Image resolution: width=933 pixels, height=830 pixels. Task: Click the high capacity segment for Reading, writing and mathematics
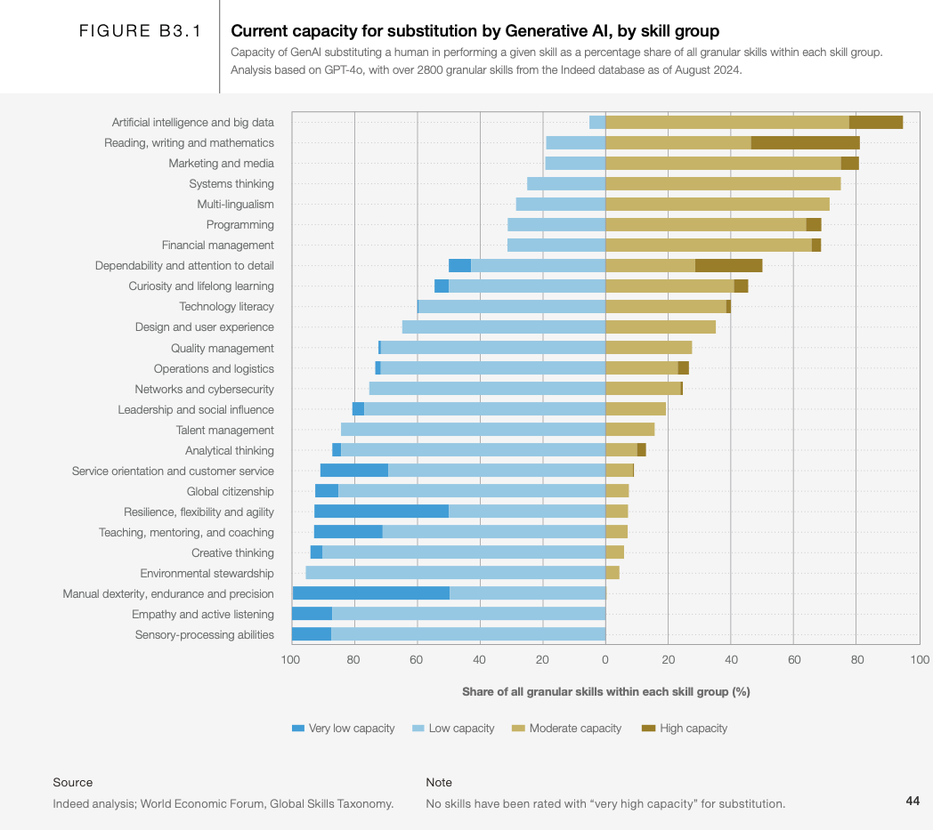(806, 142)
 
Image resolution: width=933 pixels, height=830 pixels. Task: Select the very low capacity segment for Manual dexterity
(370, 593)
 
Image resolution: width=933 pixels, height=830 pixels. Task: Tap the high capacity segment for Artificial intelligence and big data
(876, 122)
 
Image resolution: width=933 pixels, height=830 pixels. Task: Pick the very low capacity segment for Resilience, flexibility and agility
(381, 512)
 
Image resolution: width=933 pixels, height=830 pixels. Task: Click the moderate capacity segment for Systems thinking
(723, 183)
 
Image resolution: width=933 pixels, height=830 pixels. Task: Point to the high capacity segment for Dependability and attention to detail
(728, 265)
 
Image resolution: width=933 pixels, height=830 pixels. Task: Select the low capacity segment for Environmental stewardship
(455, 573)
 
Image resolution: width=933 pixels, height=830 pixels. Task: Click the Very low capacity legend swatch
(298, 729)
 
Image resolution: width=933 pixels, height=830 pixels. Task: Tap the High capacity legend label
(693, 729)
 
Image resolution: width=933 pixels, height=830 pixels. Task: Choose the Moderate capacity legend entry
(575, 729)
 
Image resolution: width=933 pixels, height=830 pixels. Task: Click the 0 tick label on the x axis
(605, 660)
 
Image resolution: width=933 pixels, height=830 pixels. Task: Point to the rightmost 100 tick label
(920, 660)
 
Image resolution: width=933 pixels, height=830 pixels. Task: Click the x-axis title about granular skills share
(606, 692)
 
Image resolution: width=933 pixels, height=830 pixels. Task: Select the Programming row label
(240, 225)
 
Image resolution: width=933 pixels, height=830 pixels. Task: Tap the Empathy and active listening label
(203, 615)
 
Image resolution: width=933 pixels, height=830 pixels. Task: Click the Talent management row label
(225, 431)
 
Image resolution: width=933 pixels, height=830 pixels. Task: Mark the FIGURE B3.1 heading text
(141, 32)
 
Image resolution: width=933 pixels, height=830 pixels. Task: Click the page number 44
(913, 802)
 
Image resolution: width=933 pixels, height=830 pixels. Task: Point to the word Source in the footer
(73, 783)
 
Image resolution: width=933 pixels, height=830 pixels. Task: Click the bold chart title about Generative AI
(475, 32)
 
